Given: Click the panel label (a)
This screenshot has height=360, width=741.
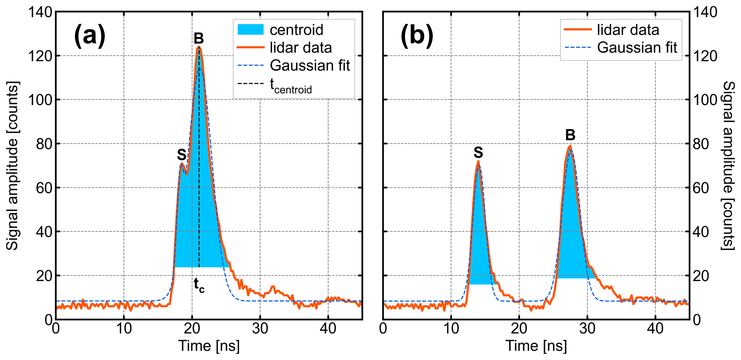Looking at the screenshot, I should [90, 36].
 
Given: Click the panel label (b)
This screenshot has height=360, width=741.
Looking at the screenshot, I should [417, 36].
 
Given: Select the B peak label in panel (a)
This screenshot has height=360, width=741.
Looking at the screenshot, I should [199, 38].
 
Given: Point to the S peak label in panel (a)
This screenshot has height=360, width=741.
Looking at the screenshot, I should [182, 155].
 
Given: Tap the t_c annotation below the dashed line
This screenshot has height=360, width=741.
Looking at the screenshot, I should [199, 285].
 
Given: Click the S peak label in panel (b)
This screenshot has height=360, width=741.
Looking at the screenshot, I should [478, 153].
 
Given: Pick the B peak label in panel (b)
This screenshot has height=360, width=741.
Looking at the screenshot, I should [570, 135].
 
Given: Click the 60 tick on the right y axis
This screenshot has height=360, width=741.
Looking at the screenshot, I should [700, 188].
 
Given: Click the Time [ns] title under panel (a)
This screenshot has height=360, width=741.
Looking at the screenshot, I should [209, 346].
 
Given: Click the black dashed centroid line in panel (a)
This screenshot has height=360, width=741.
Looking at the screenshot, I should [199, 179].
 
